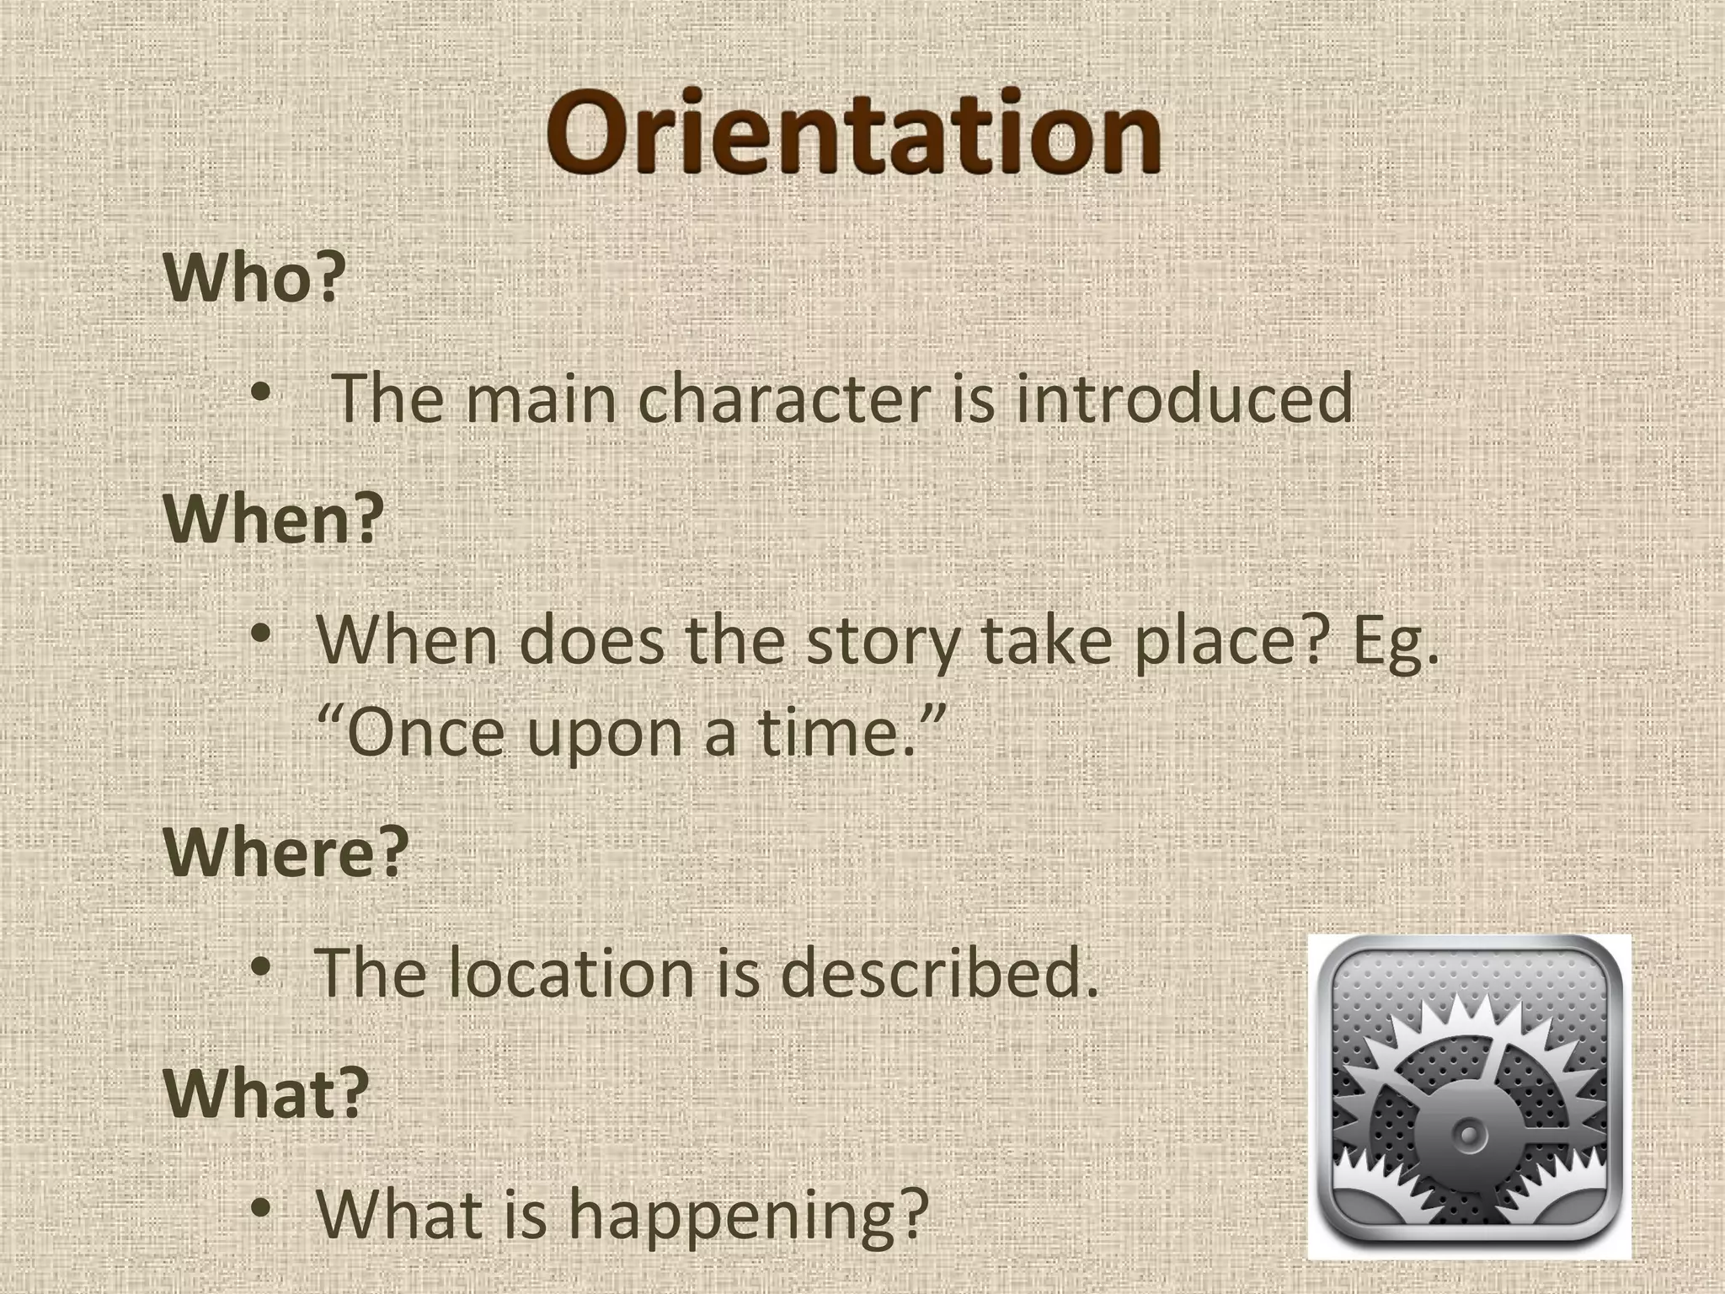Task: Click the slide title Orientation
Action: [853, 135]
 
